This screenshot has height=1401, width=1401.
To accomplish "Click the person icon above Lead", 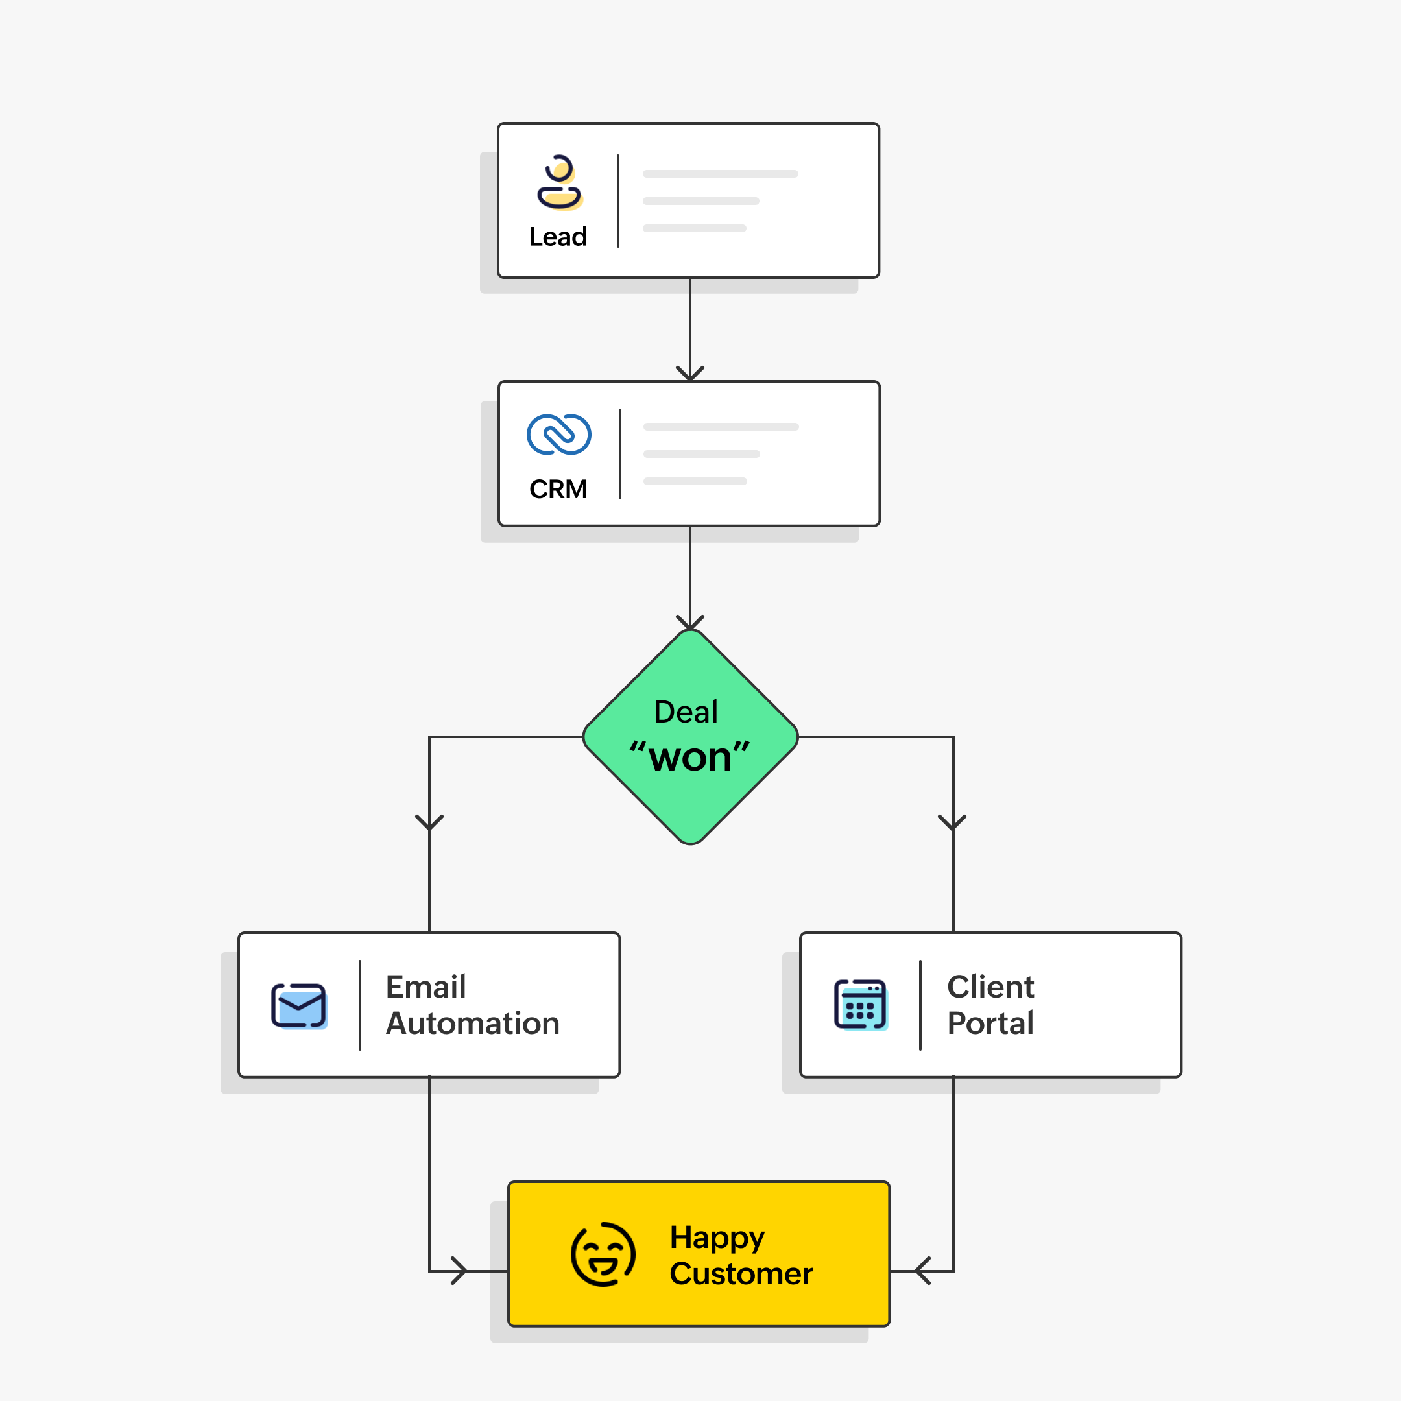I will tap(559, 183).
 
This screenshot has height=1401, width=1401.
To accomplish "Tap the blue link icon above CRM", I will tap(558, 435).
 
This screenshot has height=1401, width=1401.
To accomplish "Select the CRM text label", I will tap(558, 490).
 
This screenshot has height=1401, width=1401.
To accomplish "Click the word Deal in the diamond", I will tap(686, 712).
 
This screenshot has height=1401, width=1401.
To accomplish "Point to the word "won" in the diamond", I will tap(689, 758).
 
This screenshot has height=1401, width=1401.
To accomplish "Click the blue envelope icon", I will tap(299, 1005).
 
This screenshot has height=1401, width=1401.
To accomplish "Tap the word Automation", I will tap(472, 1024).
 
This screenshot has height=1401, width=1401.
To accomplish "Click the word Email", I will tap(425, 987).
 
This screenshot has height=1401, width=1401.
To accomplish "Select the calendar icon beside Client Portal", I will tap(860, 1005).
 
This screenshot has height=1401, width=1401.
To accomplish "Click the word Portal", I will tap(990, 1024).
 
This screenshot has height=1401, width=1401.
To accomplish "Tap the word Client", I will tap(990, 987).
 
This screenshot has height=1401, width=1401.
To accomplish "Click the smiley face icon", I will tap(603, 1254).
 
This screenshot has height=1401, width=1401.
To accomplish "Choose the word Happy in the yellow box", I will tap(717, 1238).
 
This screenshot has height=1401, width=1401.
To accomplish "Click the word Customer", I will tap(740, 1274).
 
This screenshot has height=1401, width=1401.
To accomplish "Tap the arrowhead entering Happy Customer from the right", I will tap(922, 1271).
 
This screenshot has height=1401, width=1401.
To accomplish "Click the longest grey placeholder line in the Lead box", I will tap(720, 174).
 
